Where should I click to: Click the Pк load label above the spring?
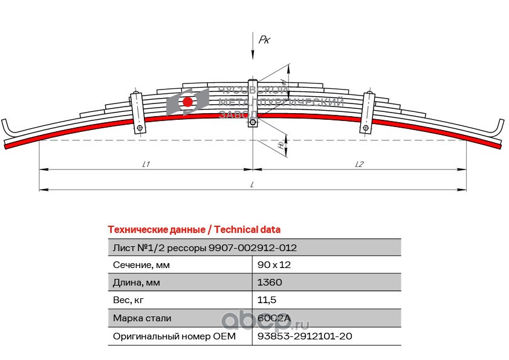[x=264, y=40]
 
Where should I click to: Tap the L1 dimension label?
[x=146, y=164]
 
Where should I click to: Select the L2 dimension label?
[x=359, y=164]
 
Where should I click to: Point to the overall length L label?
[x=251, y=185]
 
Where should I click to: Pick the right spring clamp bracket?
[x=367, y=112]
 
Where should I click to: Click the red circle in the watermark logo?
[x=188, y=102]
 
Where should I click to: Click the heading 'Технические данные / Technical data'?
[x=193, y=230]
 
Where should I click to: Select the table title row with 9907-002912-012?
[x=205, y=247]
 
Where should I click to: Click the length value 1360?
[x=270, y=283]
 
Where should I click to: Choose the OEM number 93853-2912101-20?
[x=304, y=336]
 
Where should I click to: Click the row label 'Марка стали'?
[x=142, y=318]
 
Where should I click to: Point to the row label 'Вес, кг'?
[x=129, y=300]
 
